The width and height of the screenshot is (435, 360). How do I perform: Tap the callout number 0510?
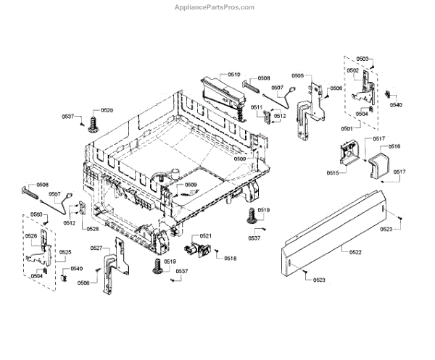pos(233,75)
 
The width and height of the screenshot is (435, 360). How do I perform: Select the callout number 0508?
pos(263,78)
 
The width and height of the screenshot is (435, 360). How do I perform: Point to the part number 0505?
pos(297,75)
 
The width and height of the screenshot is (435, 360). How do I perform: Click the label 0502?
pos(352,70)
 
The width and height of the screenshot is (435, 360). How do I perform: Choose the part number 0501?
pos(347,128)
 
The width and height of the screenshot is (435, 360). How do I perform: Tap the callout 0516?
pos(394,147)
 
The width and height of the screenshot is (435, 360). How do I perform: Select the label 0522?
pos(355,251)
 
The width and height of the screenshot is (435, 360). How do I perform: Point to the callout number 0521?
pos(206,236)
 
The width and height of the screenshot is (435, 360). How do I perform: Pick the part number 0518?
pos(230,259)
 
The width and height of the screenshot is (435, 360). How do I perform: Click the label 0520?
pos(107,110)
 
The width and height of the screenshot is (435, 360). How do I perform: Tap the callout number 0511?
pos(257,107)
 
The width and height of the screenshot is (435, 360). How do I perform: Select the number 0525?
pos(65,252)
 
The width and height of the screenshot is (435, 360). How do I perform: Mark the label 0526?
pos(31,237)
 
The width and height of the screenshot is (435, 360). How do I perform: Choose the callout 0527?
pos(96,248)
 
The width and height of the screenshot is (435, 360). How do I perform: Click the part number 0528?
pos(93,229)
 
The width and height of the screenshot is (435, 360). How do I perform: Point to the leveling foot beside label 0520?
pos(93,126)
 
